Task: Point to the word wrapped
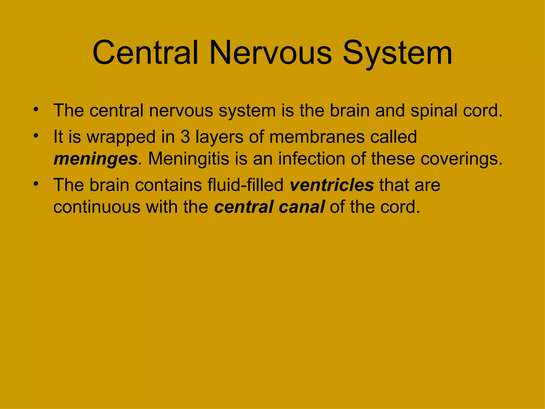coord(121,137)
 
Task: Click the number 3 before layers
coord(185,137)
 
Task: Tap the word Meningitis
coord(189,159)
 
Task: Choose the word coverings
coord(461,159)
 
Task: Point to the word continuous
coord(97,207)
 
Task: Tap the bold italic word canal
coord(302,207)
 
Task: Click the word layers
coord(219,137)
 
